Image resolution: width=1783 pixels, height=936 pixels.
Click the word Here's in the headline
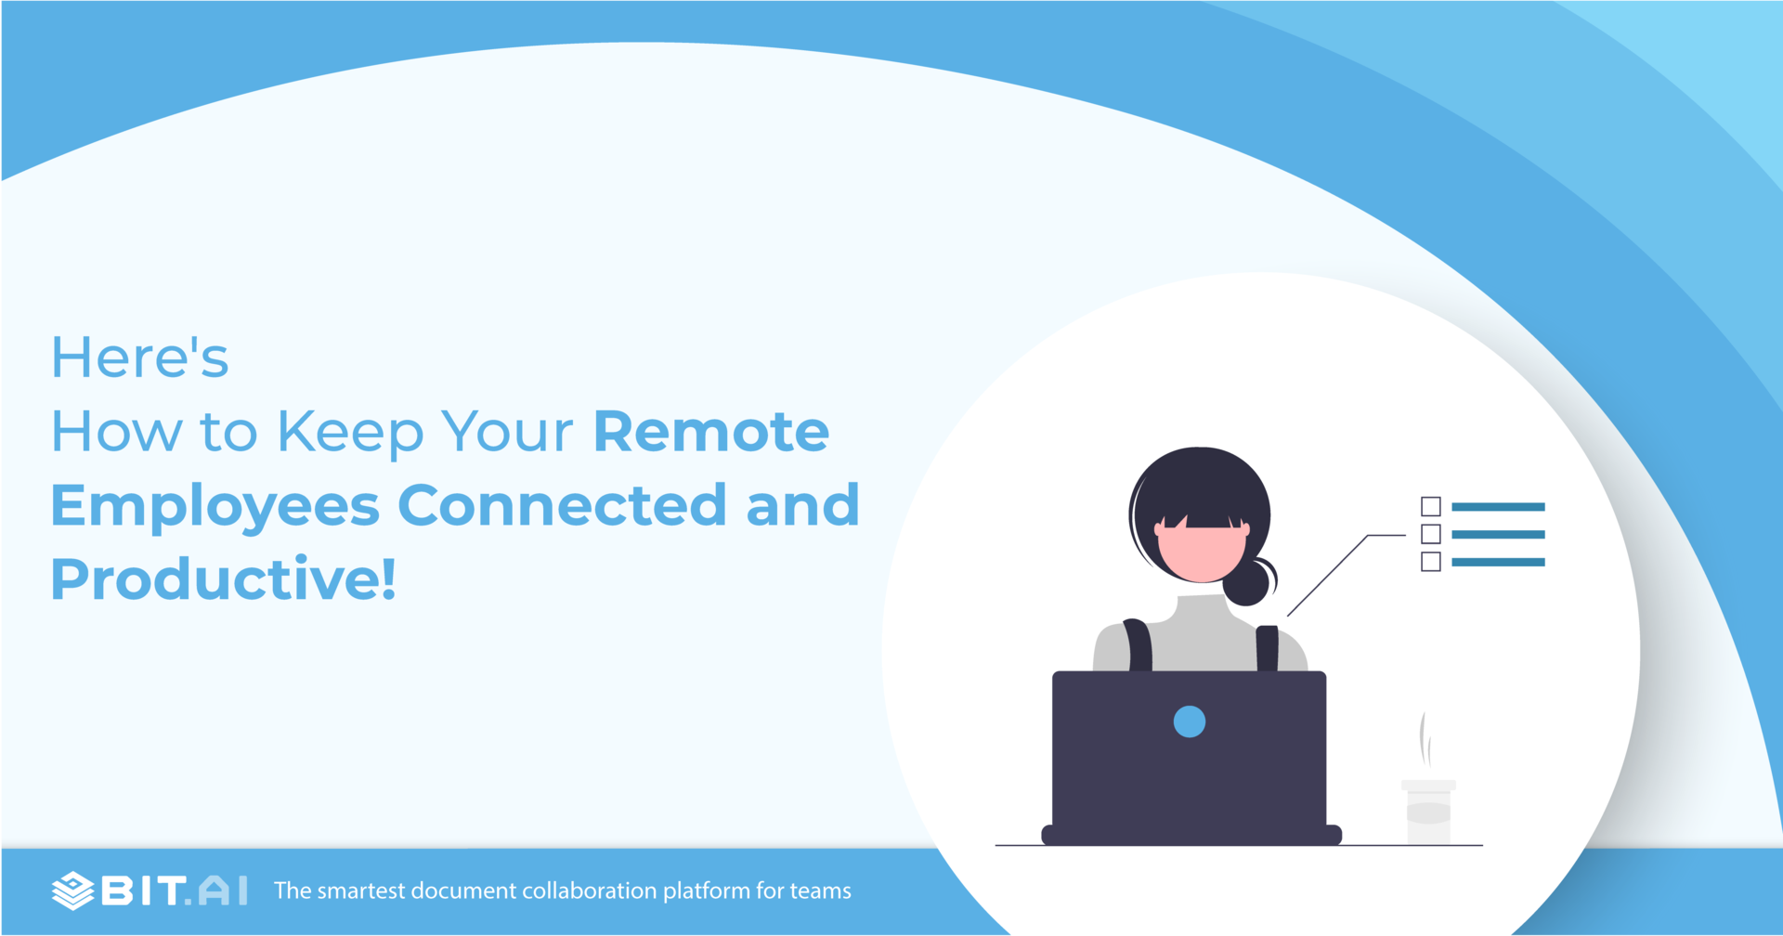[139, 357]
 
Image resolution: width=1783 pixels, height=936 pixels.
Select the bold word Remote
[710, 432]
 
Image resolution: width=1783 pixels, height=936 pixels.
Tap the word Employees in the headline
[215, 506]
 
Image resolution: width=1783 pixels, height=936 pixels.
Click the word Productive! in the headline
[223, 578]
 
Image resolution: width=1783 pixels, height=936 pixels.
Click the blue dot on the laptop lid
[1189, 721]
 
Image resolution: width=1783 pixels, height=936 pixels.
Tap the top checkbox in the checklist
[1430, 506]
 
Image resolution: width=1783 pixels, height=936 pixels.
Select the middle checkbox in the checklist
[1430, 534]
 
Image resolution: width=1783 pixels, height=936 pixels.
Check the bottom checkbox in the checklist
[1430, 562]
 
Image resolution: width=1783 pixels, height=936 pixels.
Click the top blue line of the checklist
[1498, 507]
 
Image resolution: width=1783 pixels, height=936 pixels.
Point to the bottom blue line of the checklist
[1498, 562]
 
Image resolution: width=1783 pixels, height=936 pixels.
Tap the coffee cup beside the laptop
[1428, 812]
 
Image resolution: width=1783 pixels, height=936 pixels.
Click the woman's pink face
[1201, 553]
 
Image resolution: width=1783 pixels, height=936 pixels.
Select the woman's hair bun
[1247, 582]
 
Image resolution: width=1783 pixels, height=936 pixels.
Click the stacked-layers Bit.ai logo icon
[72, 890]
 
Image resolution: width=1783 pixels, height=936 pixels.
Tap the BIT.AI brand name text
[175, 890]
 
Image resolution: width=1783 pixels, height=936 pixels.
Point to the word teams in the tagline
[820, 890]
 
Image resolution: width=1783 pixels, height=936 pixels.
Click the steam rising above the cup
[1424, 740]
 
